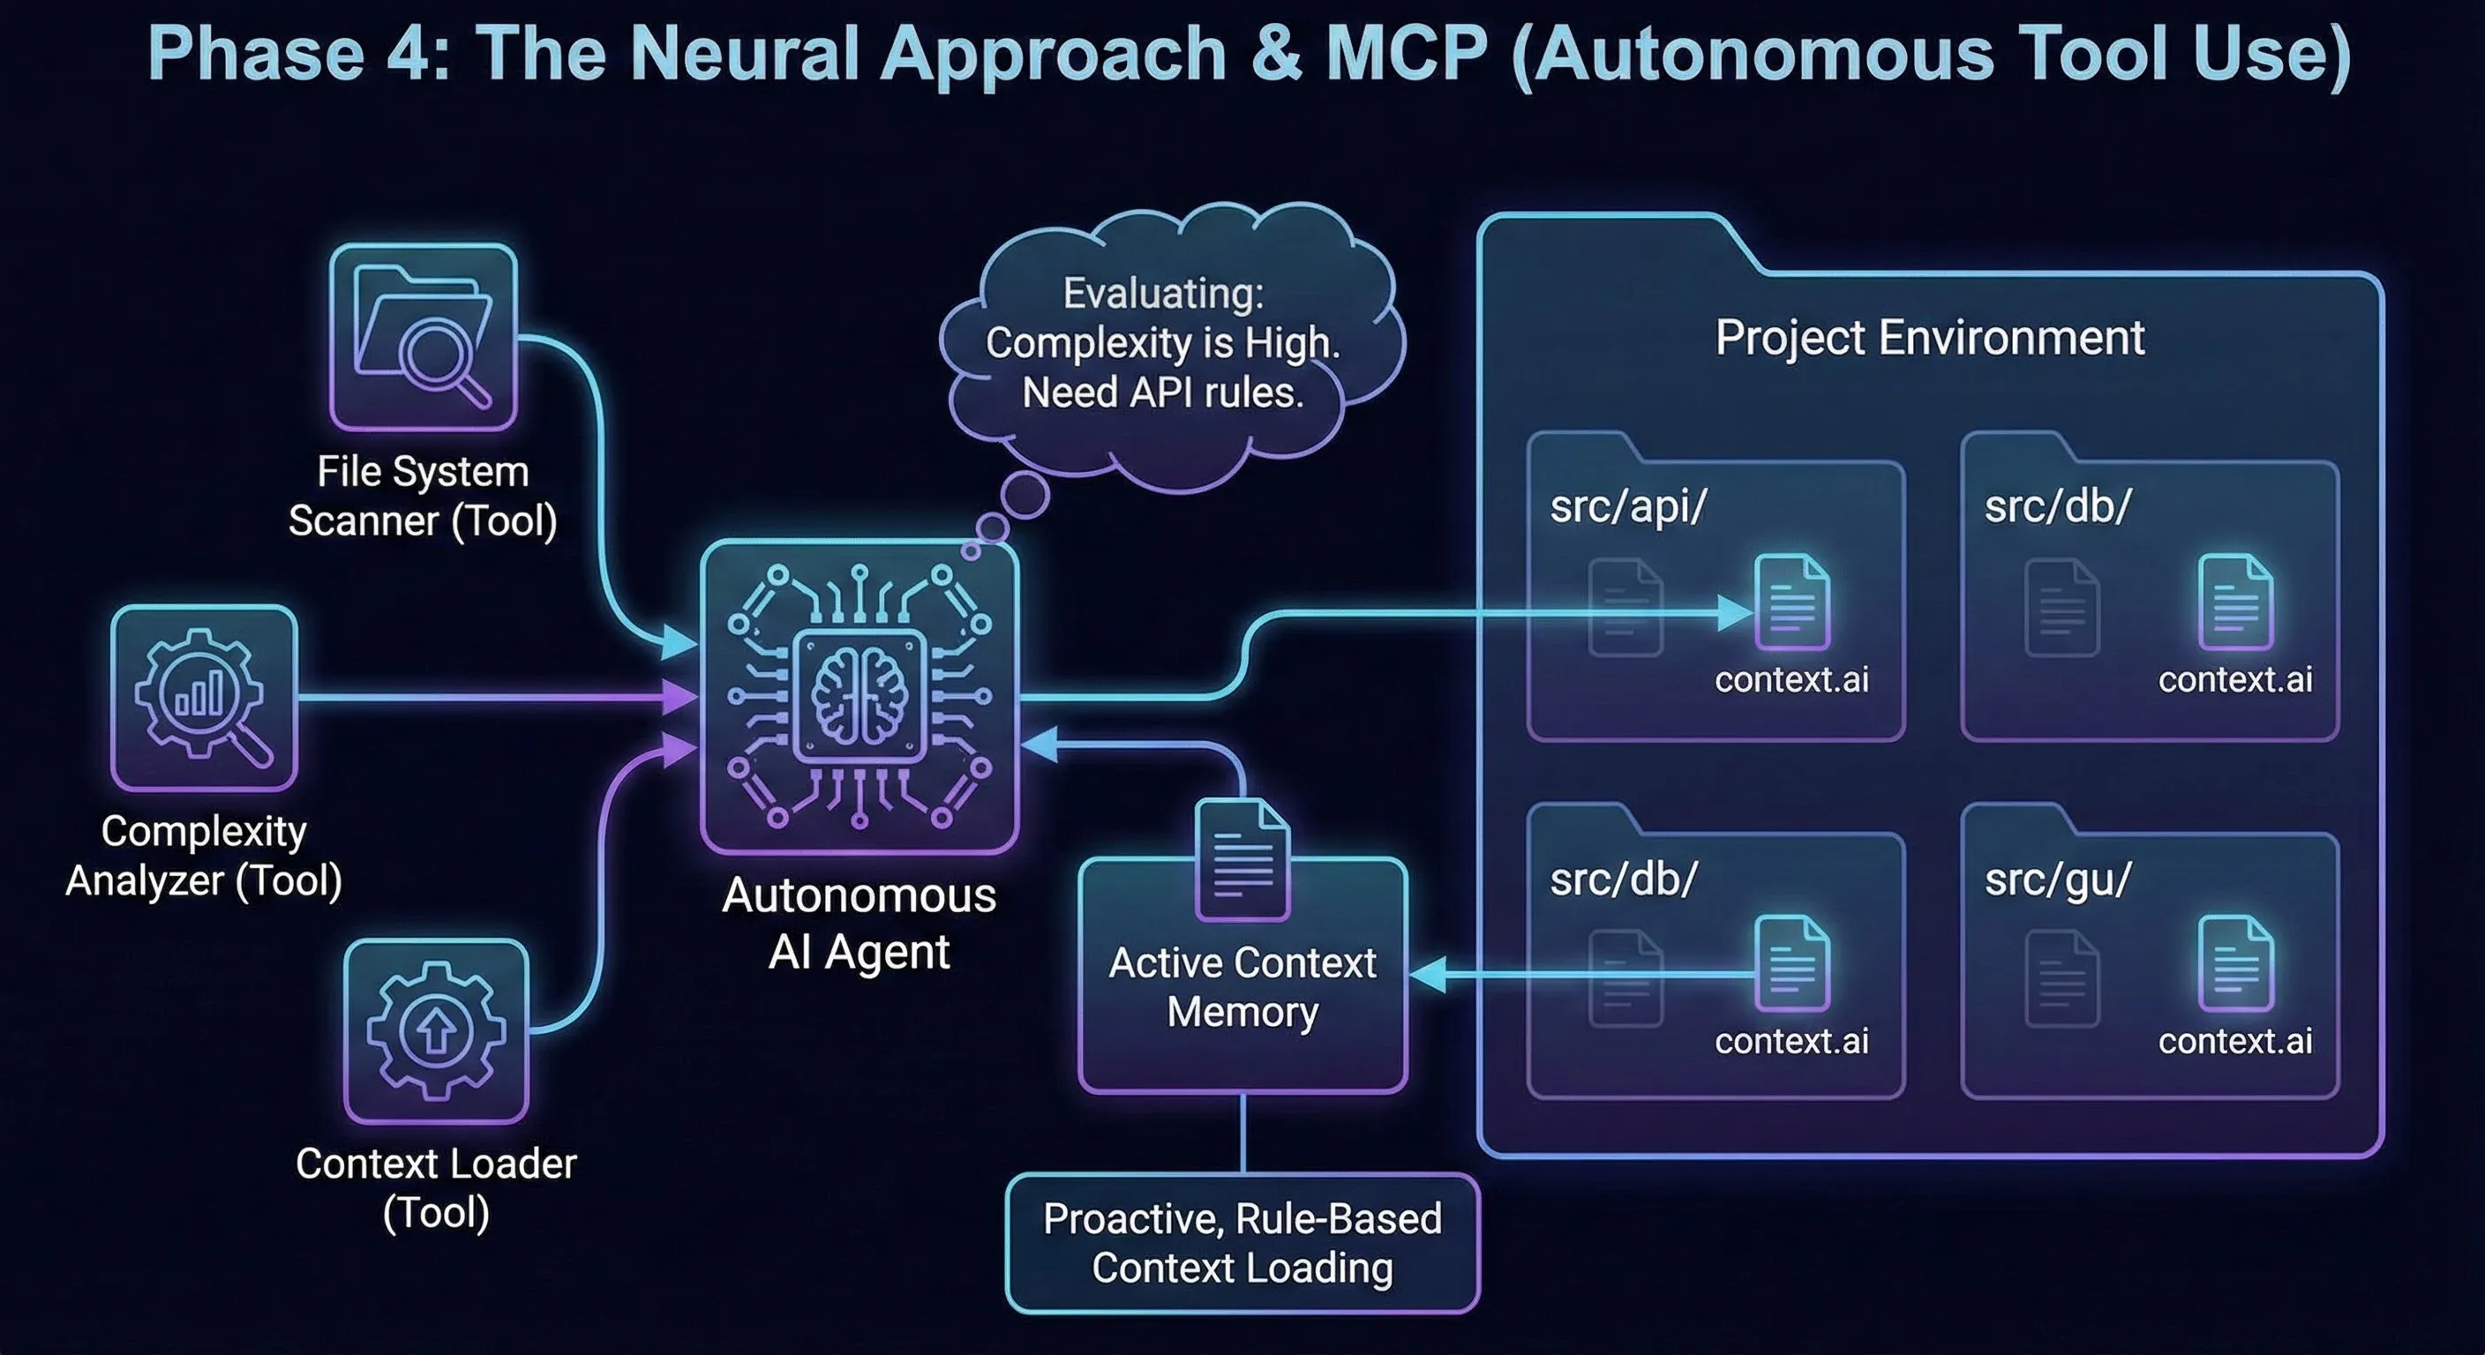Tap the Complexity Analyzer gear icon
click(204, 697)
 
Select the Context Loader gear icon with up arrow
click(436, 1030)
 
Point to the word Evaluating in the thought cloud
click(1162, 293)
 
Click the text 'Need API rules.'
click(1162, 393)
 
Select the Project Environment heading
click(1929, 338)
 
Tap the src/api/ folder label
click(1628, 506)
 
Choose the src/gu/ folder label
click(2058, 879)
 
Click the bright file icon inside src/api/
click(1792, 602)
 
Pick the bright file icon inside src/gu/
click(2235, 964)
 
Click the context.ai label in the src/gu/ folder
click(2235, 1041)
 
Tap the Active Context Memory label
click(1242, 987)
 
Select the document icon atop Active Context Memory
click(1242, 858)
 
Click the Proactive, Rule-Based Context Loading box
click(1242, 1243)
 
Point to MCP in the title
click(1407, 53)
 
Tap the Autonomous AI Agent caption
click(859, 923)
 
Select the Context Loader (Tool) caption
click(436, 1188)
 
